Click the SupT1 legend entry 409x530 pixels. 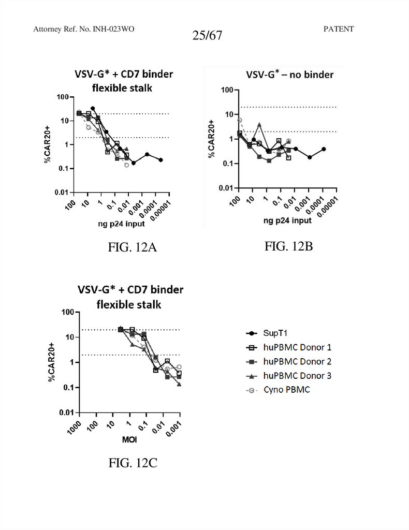point(273,334)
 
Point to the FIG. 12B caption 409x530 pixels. point(289,246)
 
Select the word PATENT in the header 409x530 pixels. point(338,29)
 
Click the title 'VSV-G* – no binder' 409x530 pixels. point(289,75)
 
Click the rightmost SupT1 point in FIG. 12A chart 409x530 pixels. point(161,160)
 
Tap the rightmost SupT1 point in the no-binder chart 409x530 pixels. point(324,149)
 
